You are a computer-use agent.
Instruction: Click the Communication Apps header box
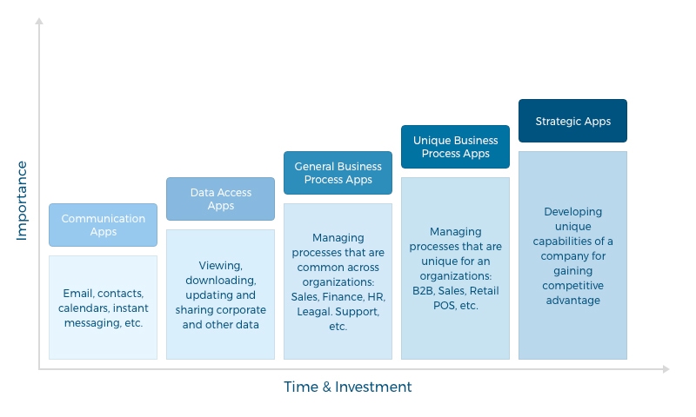(x=103, y=225)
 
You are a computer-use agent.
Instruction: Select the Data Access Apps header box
(x=221, y=199)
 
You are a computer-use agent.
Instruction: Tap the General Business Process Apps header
(x=338, y=173)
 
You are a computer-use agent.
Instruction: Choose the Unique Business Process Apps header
(x=455, y=147)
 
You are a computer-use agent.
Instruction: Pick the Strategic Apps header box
(x=572, y=121)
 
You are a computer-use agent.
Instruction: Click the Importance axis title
(x=22, y=201)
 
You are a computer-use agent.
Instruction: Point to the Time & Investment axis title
(x=348, y=387)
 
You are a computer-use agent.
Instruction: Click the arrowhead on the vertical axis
(x=39, y=21)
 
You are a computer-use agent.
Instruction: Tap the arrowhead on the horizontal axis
(x=666, y=368)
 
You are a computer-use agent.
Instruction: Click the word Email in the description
(x=78, y=294)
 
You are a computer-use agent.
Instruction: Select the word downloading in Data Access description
(x=221, y=281)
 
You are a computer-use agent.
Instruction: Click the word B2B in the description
(x=423, y=291)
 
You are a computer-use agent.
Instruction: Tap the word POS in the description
(x=444, y=305)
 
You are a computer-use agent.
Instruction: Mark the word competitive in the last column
(x=572, y=286)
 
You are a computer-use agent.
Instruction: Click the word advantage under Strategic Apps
(x=572, y=301)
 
